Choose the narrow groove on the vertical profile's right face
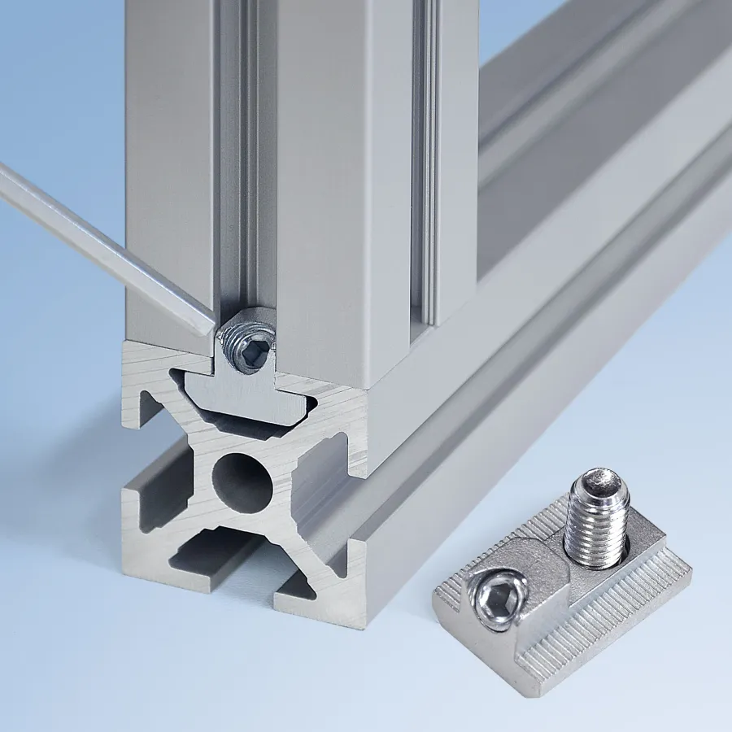click(x=425, y=163)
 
